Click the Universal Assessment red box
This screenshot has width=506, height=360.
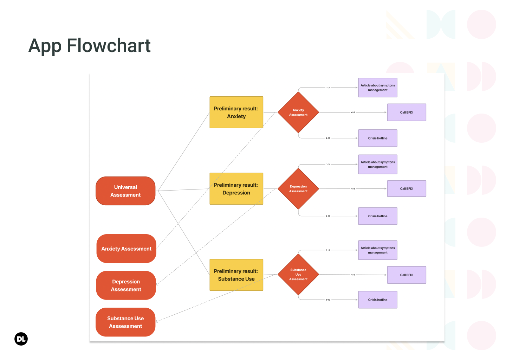click(125, 191)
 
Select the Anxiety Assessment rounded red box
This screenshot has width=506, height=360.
click(126, 249)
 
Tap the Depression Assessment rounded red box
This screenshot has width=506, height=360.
click(126, 285)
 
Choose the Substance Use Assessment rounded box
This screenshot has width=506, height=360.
click(125, 322)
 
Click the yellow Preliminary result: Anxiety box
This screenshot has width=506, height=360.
click(236, 112)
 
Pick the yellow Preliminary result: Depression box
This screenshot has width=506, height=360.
click(236, 189)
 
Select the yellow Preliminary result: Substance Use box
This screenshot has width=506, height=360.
click(236, 275)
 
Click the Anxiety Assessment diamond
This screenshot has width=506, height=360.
click(298, 112)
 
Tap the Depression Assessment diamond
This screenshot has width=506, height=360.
click(298, 189)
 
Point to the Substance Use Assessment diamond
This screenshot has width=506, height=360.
click(298, 275)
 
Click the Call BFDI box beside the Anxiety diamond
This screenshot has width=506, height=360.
click(407, 112)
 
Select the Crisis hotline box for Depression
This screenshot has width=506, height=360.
click(378, 216)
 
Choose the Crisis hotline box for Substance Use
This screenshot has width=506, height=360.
click(378, 300)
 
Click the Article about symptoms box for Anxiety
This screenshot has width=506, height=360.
click(378, 88)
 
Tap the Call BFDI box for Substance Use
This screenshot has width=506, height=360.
click(407, 275)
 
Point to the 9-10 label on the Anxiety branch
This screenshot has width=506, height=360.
click(328, 138)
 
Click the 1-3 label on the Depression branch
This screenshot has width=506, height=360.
click(328, 164)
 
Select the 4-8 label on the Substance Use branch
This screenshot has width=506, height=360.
click(353, 275)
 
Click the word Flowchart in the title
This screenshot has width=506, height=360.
click(109, 46)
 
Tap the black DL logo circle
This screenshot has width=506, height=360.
click(21, 339)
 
